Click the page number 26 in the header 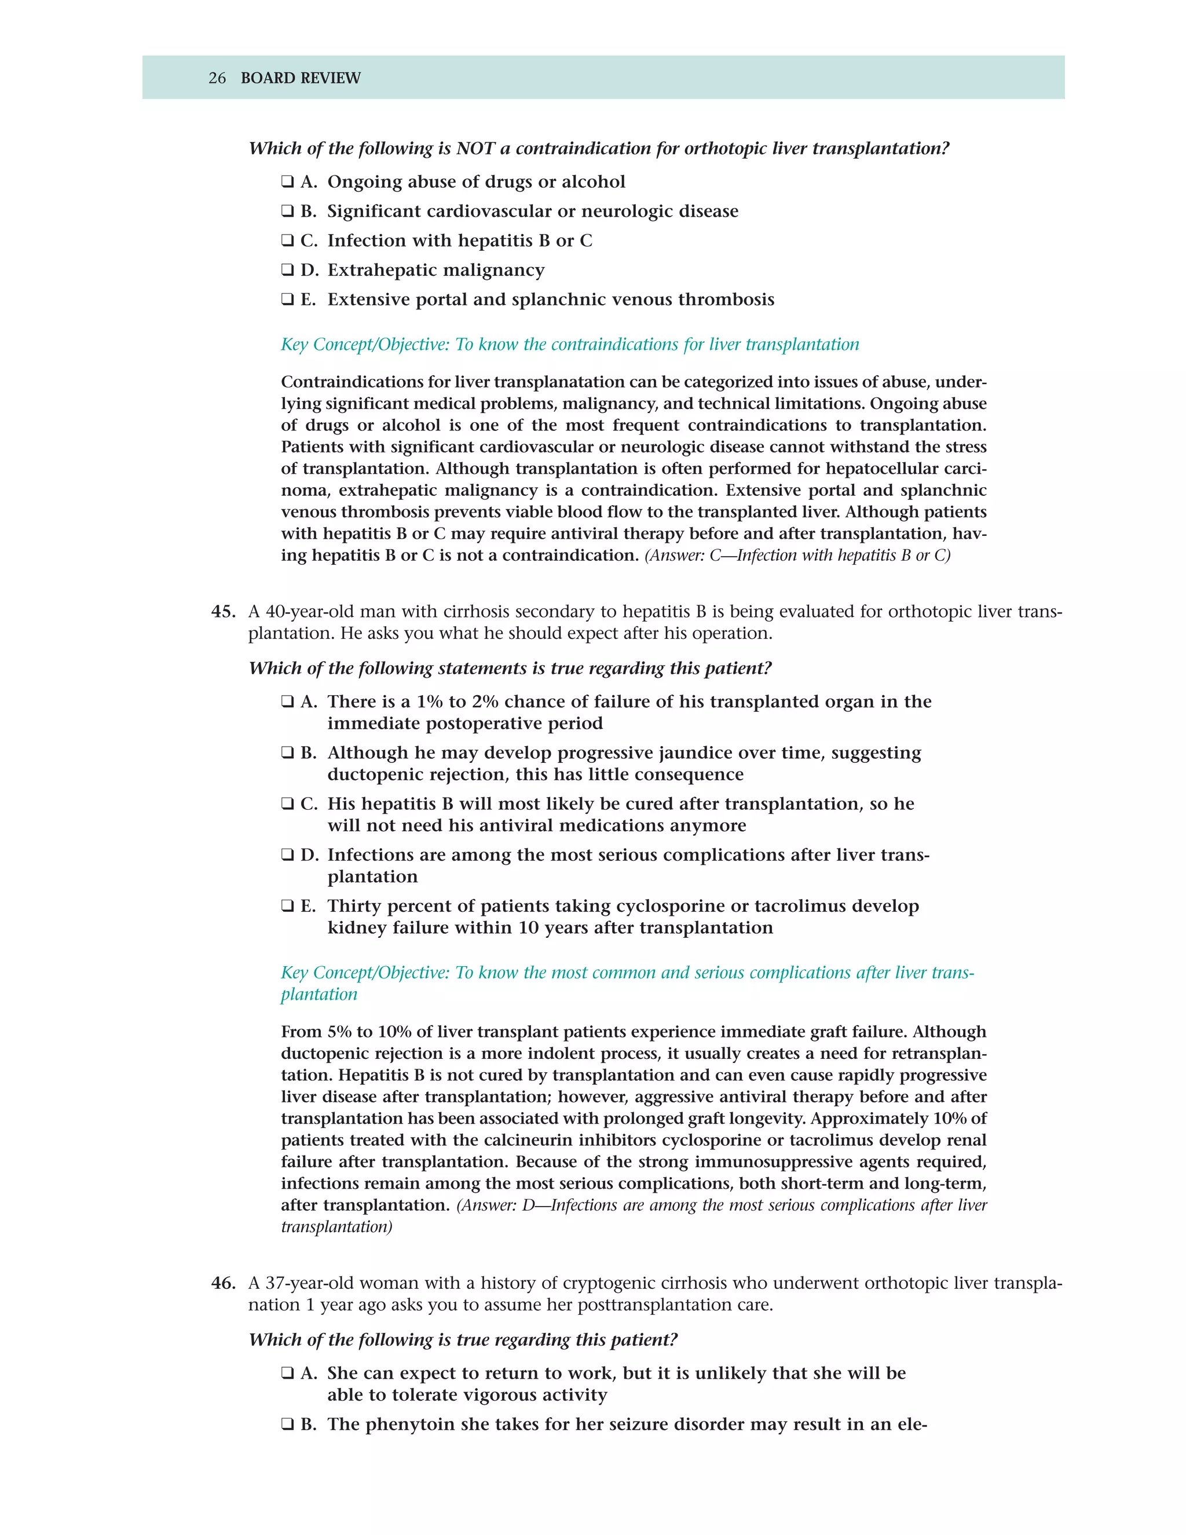(x=217, y=78)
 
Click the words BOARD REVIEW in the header (x=300, y=78)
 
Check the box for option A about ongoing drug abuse (x=287, y=182)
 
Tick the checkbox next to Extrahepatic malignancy (x=287, y=271)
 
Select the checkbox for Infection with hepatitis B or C (x=287, y=241)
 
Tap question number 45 (x=224, y=612)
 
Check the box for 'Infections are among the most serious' (x=287, y=856)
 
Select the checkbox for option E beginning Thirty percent (x=287, y=907)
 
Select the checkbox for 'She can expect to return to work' (x=287, y=1373)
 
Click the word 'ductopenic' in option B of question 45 (x=372, y=774)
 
